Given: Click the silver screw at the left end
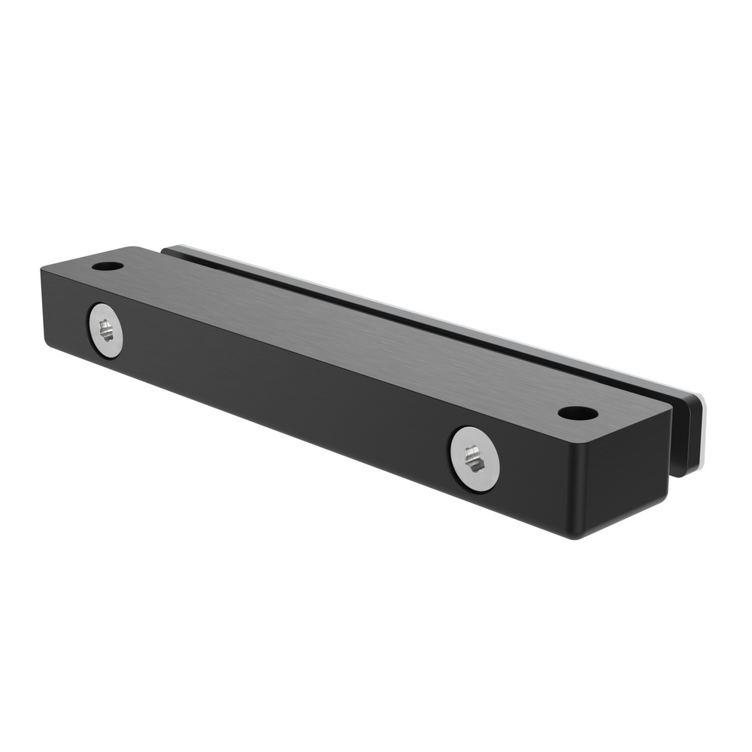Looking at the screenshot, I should click(x=106, y=332).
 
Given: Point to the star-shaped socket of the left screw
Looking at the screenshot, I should click(x=107, y=329).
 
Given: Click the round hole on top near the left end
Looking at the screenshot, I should click(x=108, y=266).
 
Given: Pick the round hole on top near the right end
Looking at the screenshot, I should click(x=578, y=413).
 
